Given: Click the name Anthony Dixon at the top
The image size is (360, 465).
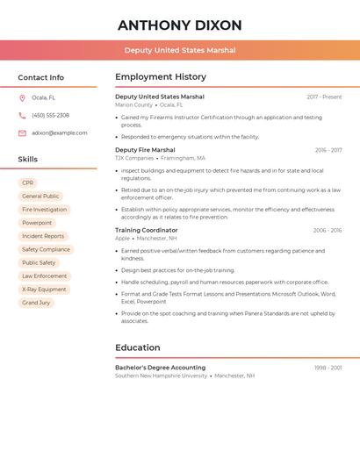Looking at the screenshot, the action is click(x=179, y=25).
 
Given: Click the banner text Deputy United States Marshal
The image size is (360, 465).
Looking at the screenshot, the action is click(x=179, y=50).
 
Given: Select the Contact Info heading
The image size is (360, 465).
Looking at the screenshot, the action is click(x=40, y=77).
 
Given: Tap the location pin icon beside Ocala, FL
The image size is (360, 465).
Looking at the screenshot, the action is click(x=22, y=97).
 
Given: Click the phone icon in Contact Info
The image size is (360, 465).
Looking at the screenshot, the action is click(x=22, y=115).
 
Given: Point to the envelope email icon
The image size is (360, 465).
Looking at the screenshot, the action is click(x=22, y=132).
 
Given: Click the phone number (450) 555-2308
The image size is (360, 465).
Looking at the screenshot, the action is click(x=50, y=115).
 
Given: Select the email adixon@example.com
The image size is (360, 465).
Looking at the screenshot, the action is click(x=59, y=132).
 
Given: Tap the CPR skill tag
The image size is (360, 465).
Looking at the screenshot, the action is click(x=28, y=183).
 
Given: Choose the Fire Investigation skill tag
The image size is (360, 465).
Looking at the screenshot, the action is click(x=44, y=210).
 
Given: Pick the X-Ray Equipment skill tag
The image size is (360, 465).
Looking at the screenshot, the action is click(x=44, y=289).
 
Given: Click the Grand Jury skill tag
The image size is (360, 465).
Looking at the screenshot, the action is click(x=36, y=303).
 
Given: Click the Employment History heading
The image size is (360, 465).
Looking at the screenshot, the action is click(x=161, y=77).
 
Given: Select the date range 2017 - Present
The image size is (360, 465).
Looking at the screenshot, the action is click(x=324, y=97).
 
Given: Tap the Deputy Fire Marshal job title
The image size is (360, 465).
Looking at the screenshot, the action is click(x=145, y=150).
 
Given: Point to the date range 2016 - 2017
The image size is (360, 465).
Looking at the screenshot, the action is click(x=328, y=150).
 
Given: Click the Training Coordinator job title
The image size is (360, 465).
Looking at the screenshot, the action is click(x=147, y=230).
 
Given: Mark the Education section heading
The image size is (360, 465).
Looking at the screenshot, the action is click(x=137, y=347).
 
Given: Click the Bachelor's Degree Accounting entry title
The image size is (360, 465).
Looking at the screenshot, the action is click(x=160, y=368).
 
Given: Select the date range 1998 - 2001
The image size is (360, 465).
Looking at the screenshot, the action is click(x=328, y=368).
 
